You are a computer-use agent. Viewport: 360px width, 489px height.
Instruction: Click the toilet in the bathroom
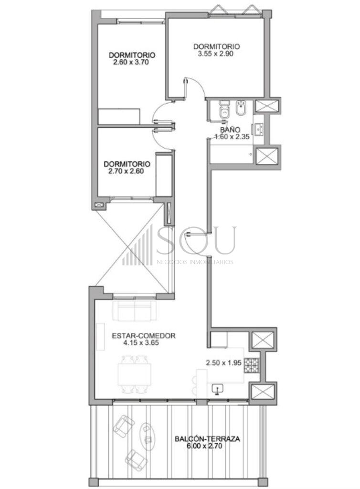[x=224, y=109]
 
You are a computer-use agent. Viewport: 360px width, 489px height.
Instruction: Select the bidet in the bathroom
[x=241, y=107]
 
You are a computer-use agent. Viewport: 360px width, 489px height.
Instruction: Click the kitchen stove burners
[x=251, y=365]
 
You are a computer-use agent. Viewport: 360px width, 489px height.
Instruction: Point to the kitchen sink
[x=218, y=389]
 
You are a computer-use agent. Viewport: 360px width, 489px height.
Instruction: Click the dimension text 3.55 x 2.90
[x=216, y=53]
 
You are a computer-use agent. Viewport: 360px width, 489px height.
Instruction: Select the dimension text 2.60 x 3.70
[x=131, y=62]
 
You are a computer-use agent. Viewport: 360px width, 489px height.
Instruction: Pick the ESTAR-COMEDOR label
[x=144, y=336]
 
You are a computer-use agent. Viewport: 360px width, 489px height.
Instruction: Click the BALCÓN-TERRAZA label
[x=207, y=439]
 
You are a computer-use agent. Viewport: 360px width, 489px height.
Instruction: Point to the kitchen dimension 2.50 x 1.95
[x=223, y=363]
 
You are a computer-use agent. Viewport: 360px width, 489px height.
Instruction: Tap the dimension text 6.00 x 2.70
[x=204, y=446]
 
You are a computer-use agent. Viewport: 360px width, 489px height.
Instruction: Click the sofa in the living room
[x=135, y=310]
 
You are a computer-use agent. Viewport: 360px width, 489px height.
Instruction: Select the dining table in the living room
[x=135, y=374]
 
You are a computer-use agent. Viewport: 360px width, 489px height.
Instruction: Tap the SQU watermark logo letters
[x=196, y=241]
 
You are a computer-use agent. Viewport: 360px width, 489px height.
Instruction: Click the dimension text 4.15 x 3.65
[x=141, y=343]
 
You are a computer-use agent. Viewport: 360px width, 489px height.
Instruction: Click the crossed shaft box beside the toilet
[x=266, y=106]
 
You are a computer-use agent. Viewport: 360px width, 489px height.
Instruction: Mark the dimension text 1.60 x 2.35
[x=232, y=137]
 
